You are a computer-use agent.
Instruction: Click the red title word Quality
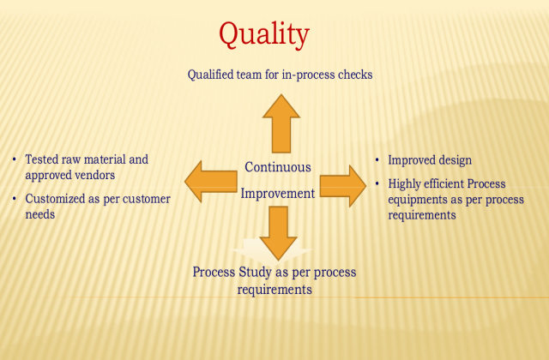click(x=263, y=35)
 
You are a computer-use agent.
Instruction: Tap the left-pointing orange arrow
click(x=210, y=179)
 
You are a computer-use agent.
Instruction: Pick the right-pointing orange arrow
click(x=343, y=186)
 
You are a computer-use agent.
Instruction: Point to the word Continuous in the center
click(x=278, y=167)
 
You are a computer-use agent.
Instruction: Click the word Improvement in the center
click(x=277, y=194)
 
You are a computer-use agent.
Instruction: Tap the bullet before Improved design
click(x=378, y=160)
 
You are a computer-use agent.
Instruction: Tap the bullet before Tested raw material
click(x=14, y=159)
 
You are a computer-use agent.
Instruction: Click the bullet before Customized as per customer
click(x=14, y=199)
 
